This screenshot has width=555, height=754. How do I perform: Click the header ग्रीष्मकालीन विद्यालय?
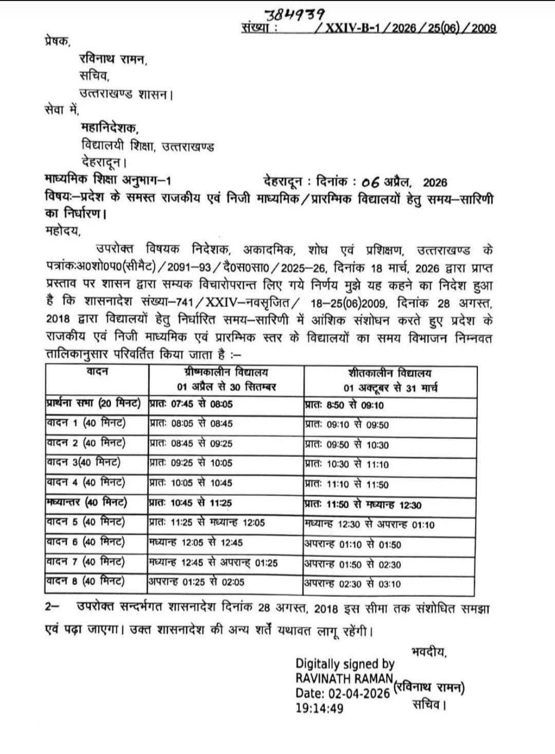(x=226, y=373)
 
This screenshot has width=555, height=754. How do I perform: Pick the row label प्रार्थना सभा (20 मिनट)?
(x=93, y=404)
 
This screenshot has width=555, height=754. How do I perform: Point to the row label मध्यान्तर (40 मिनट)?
(x=86, y=502)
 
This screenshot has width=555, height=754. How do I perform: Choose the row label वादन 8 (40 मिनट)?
(x=86, y=581)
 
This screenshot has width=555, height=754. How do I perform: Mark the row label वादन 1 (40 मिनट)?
(x=86, y=424)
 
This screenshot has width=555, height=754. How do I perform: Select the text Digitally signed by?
(x=345, y=664)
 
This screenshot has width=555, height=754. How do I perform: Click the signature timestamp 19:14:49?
(x=320, y=708)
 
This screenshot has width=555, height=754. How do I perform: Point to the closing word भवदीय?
(x=429, y=652)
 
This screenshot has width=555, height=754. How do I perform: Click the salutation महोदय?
(x=63, y=231)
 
